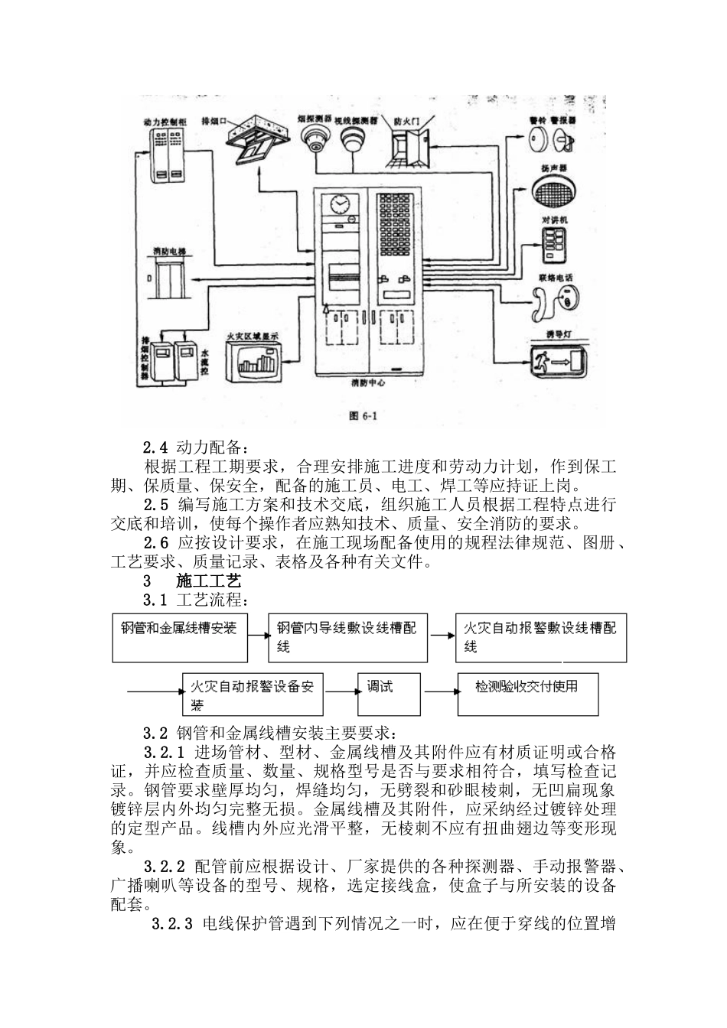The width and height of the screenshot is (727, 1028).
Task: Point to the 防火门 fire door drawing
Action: (410, 148)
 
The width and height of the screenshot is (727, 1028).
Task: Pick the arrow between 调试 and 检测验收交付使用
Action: (438, 691)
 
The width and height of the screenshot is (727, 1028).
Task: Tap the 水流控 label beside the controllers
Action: (205, 359)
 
